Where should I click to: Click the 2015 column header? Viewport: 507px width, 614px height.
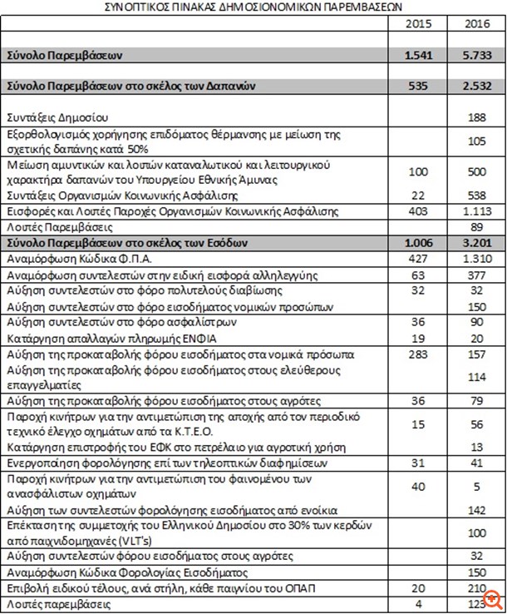[x=417, y=23]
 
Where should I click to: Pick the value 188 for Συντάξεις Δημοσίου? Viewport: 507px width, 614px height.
[x=476, y=117]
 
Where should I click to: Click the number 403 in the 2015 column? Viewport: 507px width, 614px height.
[x=420, y=211]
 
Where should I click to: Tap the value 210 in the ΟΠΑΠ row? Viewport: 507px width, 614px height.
[x=476, y=589]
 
